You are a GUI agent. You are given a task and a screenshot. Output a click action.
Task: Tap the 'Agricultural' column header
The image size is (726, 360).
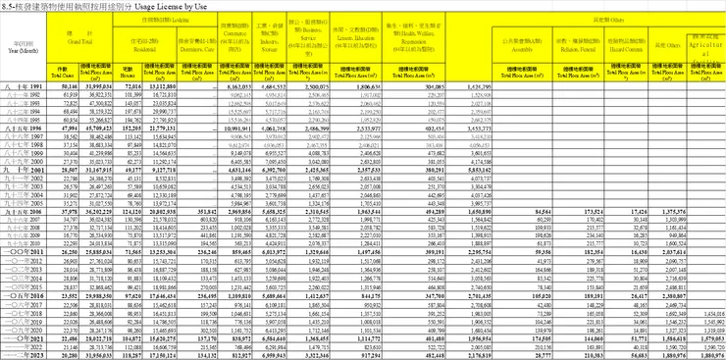click(703, 45)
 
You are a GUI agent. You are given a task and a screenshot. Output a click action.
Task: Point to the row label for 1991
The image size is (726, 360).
click(20, 86)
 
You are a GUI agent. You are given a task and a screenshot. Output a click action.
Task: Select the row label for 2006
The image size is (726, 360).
click(20, 210)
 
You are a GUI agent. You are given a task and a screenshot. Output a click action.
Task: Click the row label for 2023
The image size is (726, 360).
click(20, 355)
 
